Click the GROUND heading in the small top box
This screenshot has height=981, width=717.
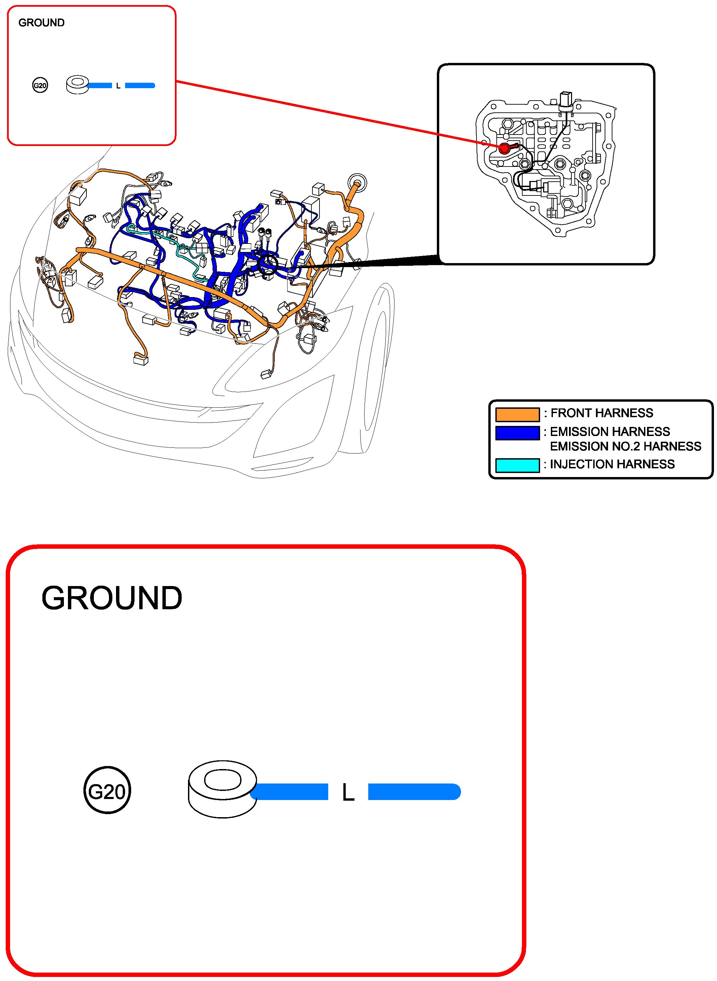pyautogui.click(x=41, y=23)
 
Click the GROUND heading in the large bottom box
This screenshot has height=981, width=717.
pyautogui.click(x=112, y=598)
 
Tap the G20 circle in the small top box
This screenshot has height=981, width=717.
pyautogui.click(x=40, y=85)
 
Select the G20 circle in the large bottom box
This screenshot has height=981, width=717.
pyautogui.click(x=107, y=791)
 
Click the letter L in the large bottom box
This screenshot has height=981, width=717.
pyautogui.click(x=348, y=792)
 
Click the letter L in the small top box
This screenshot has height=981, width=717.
pyautogui.click(x=118, y=86)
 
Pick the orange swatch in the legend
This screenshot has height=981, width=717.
pyautogui.click(x=517, y=414)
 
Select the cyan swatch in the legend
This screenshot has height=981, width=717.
pyautogui.click(x=517, y=465)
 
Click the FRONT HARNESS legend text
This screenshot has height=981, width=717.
pyautogui.click(x=602, y=413)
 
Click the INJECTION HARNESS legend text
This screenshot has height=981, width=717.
pyautogui.click(x=612, y=465)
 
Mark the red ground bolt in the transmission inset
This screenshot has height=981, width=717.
pyautogui.click(x=504, y=148)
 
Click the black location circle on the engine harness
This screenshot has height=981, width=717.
pyautogui.click(x=267, y=264)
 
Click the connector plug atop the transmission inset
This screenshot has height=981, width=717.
pyautogui.click(x=566, y=99)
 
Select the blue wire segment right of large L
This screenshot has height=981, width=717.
pyautogui.click(x=414, y=791)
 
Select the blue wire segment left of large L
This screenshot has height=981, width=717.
pyautogui.click(x=290, y=791)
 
